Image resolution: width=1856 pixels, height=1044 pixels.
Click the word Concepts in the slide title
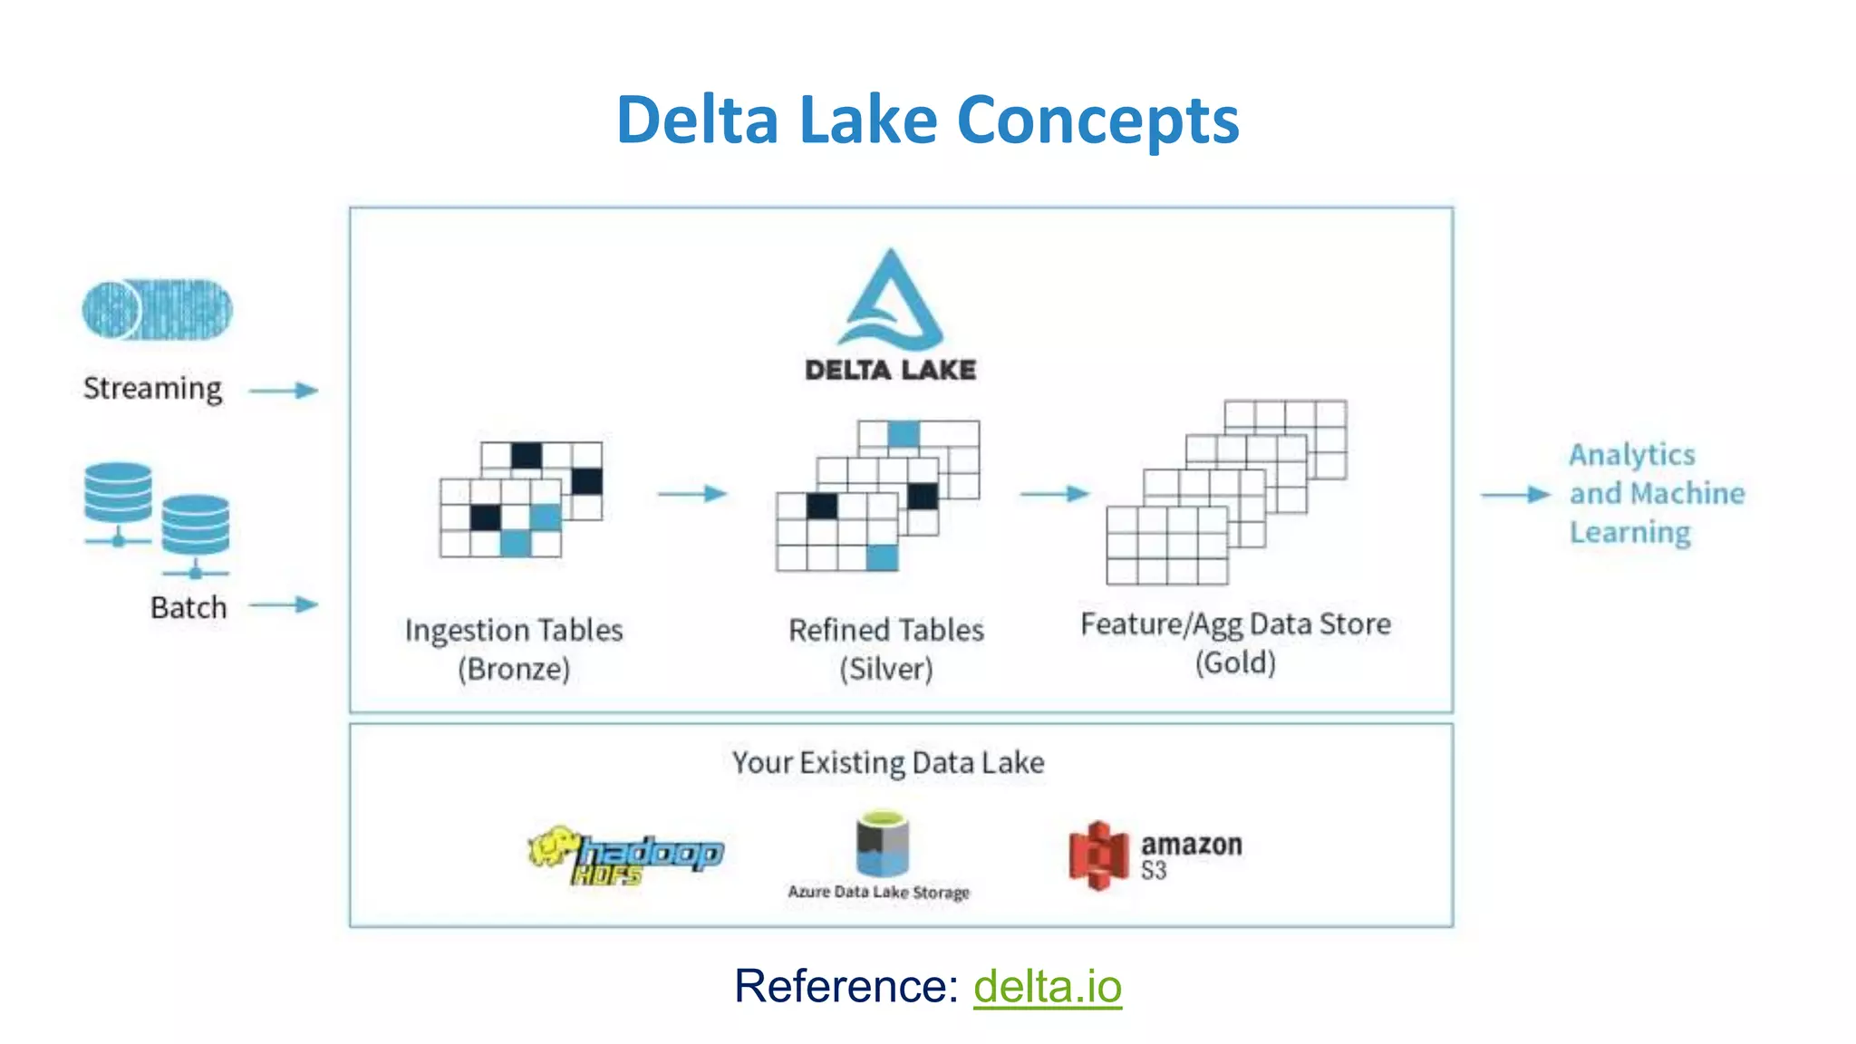click(x=1097, y=121)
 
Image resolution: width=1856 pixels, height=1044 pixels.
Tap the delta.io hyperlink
click(x=1048, y=986)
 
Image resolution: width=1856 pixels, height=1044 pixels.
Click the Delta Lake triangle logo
click(x=891, y=304)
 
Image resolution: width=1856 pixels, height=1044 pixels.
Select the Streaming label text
click(x=152, y=389)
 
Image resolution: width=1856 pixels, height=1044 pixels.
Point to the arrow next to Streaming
click(x=284, y=391)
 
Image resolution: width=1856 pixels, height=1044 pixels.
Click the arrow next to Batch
click(x=284, y=604)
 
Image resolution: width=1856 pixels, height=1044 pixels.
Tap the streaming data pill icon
click(x=157, y=310)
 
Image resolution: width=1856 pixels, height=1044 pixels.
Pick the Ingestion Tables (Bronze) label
click(x=514, y=649)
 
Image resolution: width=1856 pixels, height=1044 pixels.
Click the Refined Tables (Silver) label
click(x=885, y=649)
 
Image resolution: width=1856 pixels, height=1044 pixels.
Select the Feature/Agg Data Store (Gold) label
click(x=1235, y=643)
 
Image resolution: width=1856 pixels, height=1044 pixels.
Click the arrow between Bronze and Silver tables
click(x=692, y=494)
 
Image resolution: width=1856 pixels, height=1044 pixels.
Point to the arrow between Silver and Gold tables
click(x=1054, y=494)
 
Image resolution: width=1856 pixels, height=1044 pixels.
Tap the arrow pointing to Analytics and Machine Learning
click(x=1515, y=495)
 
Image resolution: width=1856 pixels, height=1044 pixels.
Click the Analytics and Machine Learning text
click(x=1656, y=494)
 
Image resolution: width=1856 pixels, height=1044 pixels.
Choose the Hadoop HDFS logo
click(x=626, y=855)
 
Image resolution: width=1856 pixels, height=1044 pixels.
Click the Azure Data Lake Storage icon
click(x=882, y=845)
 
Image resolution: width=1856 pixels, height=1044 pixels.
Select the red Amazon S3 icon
click(x=1097, y=855)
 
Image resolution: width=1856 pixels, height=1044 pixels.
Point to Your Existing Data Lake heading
click(x=888, y=763)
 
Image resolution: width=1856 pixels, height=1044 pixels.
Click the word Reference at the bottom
click(x=846, y=986)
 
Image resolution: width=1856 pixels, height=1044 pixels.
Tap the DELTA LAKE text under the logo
click(x=891, y=370)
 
